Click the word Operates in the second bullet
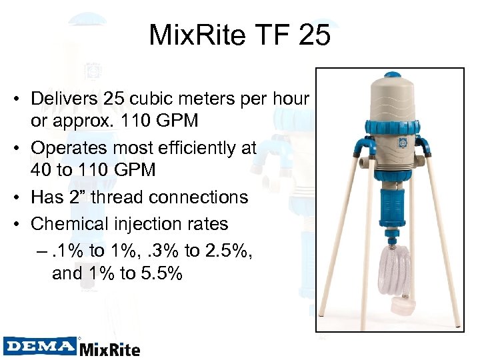click(x=69, y=148)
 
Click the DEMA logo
click(x=39, y=345)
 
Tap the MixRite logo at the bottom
click(x=109, y=349)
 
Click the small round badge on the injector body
click(x=401, y=141)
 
